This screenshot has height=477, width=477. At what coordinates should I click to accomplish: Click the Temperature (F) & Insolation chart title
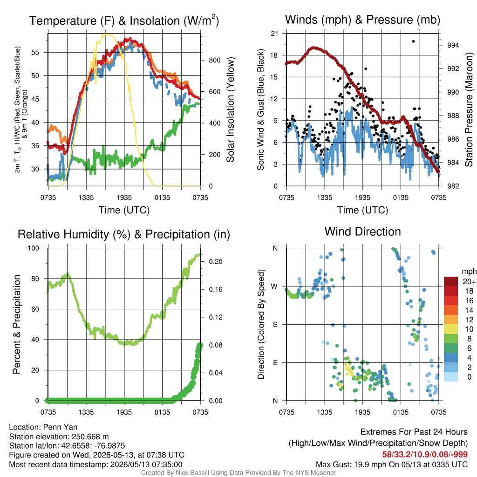pos(124,20)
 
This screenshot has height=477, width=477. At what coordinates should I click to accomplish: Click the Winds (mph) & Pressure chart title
pos(362,20)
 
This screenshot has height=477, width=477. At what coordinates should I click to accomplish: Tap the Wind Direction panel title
pos(362,232)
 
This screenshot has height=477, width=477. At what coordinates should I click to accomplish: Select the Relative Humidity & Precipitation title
pos(124,234)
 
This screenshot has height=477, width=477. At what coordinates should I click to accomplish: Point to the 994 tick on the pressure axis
pos(453,45)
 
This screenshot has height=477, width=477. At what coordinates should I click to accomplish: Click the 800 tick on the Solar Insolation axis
pos(214,60)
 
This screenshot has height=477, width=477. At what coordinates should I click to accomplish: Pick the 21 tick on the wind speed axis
pos(274,34)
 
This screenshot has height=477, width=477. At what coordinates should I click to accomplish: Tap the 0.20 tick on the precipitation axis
pos(215,262)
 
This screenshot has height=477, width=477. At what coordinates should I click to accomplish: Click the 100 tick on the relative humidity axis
pos(34,248)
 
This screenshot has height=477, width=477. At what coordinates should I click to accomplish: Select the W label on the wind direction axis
pos(274,286)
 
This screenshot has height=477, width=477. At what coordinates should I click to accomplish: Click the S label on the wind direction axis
pos(275,324)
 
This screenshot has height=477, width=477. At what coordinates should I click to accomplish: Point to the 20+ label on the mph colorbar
pos(469,281)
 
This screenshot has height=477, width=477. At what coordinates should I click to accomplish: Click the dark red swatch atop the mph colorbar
pos(451,281)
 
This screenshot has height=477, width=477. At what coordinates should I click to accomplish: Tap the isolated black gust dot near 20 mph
pos(413,41)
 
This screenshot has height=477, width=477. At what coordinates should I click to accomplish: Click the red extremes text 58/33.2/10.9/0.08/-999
pos(425,455)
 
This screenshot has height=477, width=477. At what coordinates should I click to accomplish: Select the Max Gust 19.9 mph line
pos(391,464)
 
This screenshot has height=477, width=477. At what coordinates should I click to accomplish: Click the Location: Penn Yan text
pos(43,427)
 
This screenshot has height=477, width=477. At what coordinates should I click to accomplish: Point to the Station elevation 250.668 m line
pos(59,436)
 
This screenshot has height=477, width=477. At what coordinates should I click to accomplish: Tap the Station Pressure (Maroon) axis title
pos(469,109)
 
